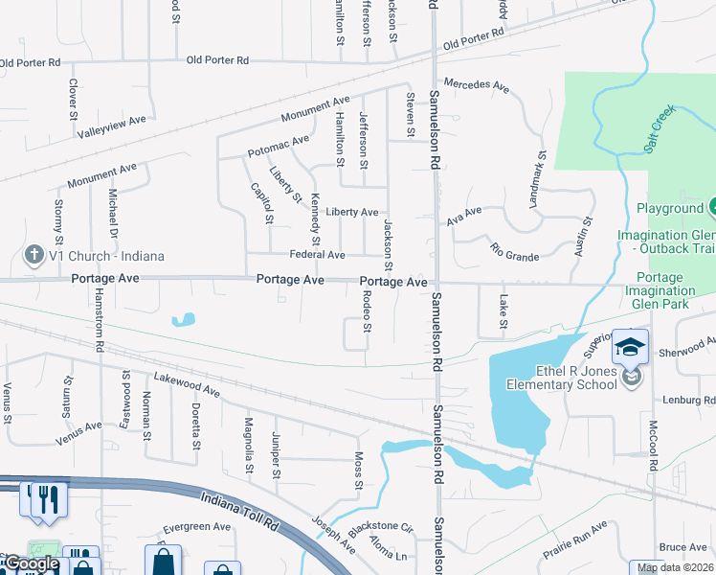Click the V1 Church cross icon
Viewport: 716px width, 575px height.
[34, 256]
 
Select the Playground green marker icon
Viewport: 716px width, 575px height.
[713, 207]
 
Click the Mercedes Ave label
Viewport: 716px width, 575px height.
[476, 85]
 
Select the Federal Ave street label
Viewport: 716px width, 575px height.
[317, 255]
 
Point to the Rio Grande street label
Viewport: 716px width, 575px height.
[514, 251]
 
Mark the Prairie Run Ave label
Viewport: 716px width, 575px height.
[574, 536]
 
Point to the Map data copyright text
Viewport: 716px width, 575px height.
[676, 567]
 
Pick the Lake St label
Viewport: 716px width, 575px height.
[503, 310]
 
